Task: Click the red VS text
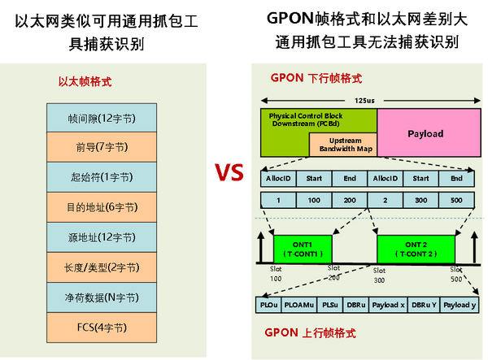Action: pos(229,173)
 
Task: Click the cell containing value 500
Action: pos(455,199)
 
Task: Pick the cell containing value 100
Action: pos(314,199)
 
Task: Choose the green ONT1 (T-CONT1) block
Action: pos(302,248)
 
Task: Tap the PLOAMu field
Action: pos(298,305)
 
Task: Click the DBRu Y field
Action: pos(423,305)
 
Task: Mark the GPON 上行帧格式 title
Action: pos(311,333)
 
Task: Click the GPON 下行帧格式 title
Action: pos(316,79)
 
